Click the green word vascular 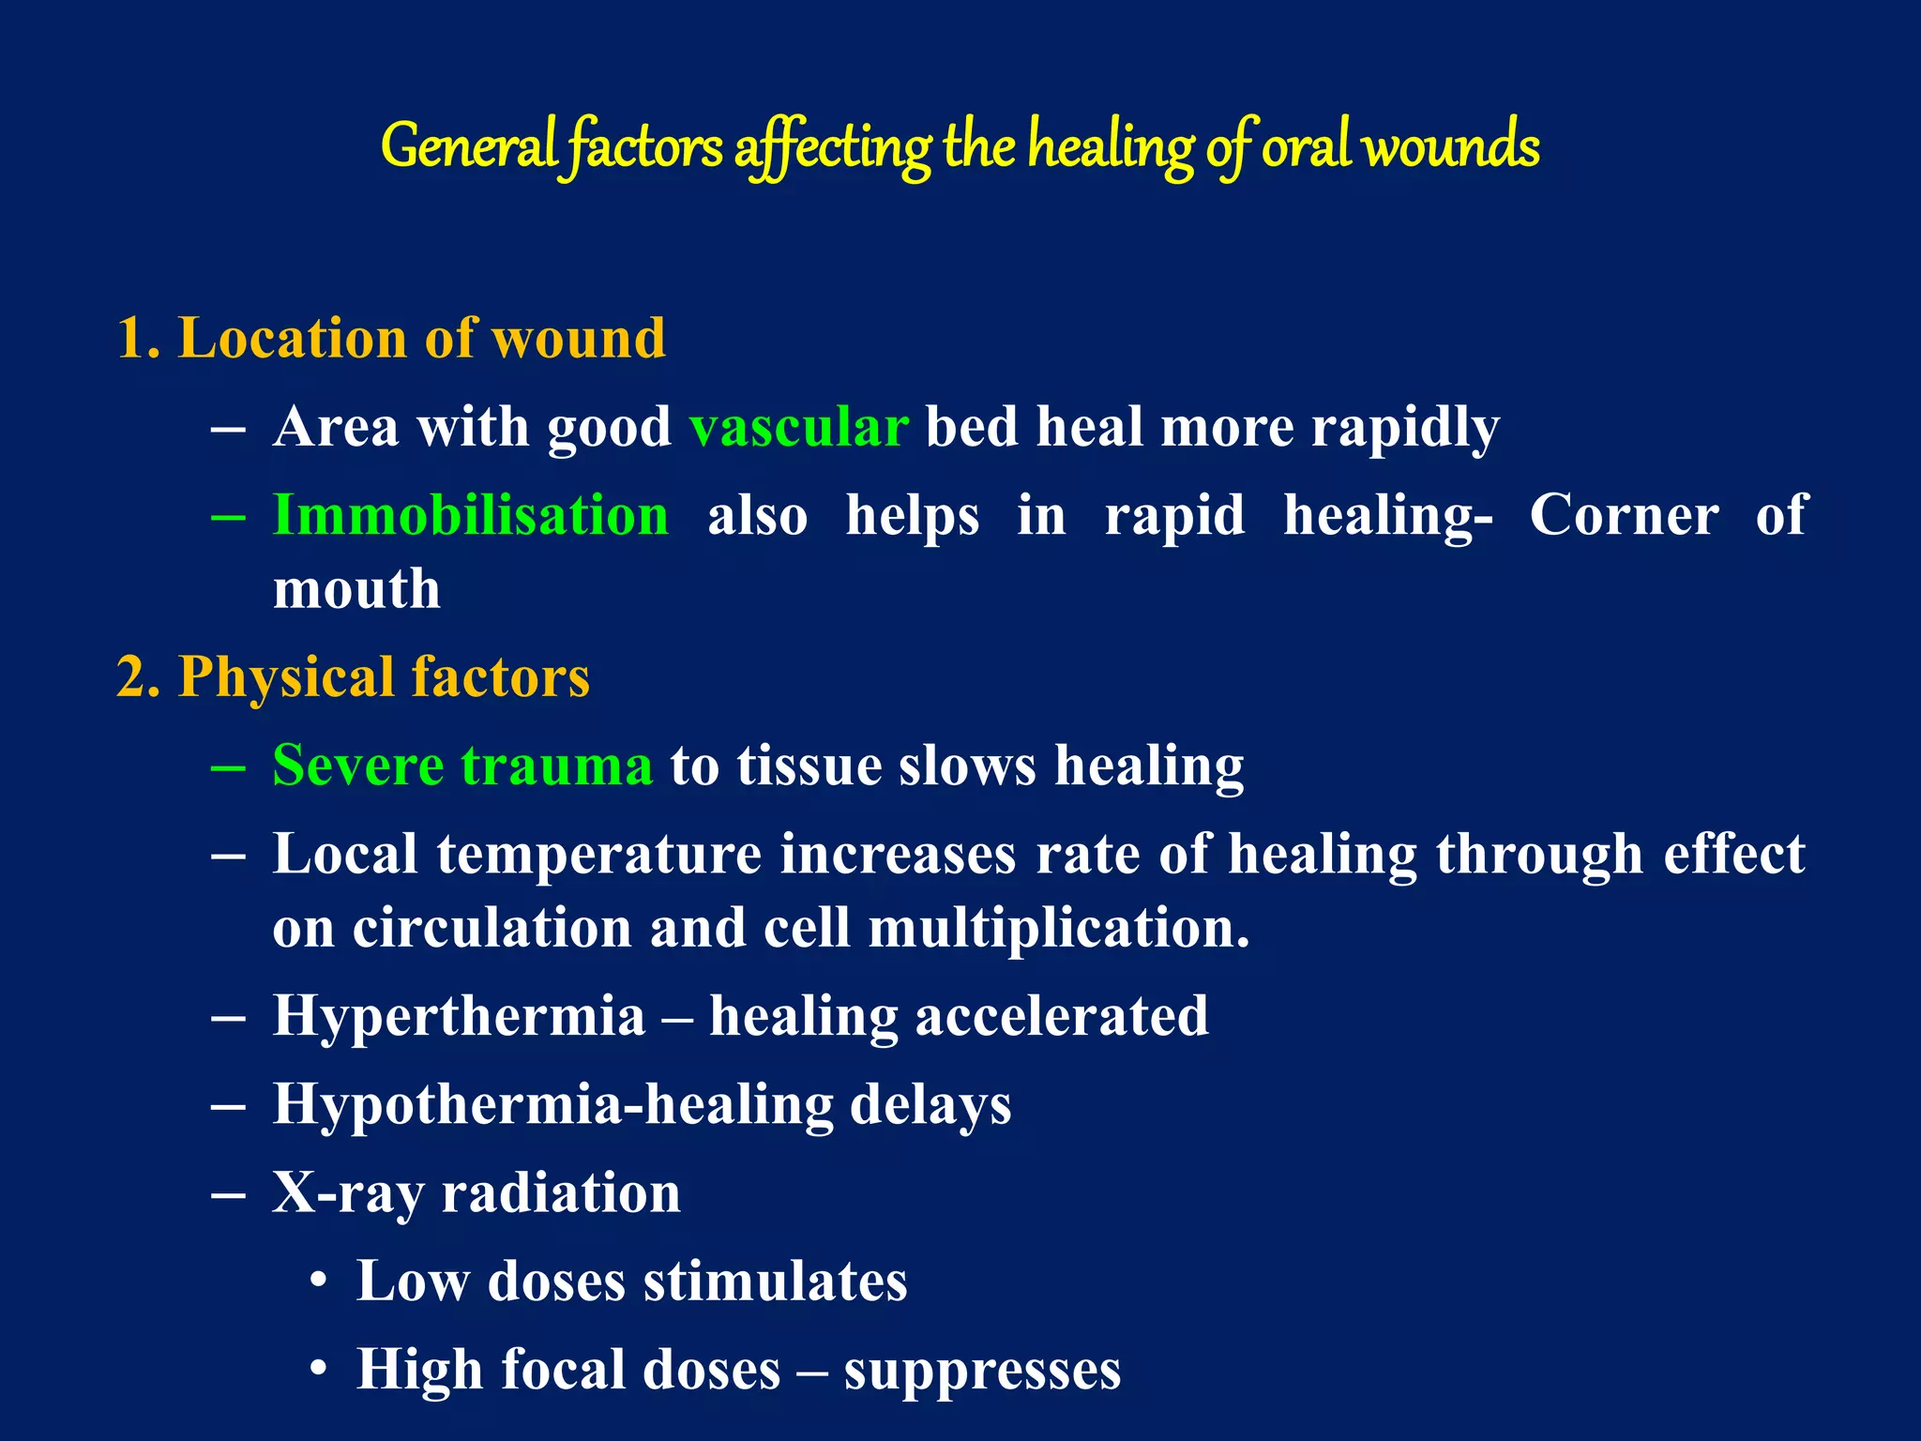(798, 428)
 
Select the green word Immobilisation (470, 516)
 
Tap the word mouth (356, 590)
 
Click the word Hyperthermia (459, 1017)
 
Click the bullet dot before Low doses (319, 1282)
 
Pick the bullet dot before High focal (319, 1370)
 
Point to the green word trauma (556, 766)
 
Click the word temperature (598, 855)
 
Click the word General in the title (469, 147)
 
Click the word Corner (1624, 516)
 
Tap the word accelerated (1061, 1017)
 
